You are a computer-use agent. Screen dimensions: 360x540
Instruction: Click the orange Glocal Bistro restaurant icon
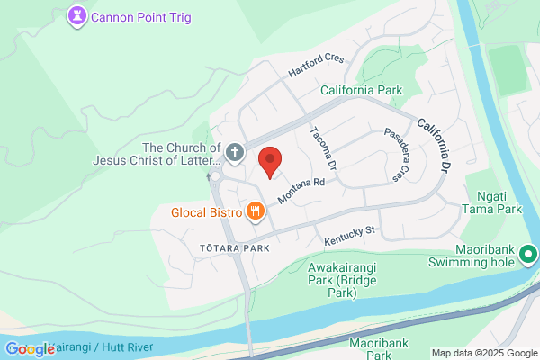(256, 212)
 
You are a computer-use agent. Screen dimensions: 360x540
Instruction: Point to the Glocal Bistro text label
(207, 213)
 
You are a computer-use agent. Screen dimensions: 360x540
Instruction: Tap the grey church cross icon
(234, 153)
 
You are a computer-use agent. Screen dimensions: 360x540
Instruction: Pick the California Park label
(362, 90)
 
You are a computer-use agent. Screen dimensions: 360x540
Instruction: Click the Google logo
(30, 349)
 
